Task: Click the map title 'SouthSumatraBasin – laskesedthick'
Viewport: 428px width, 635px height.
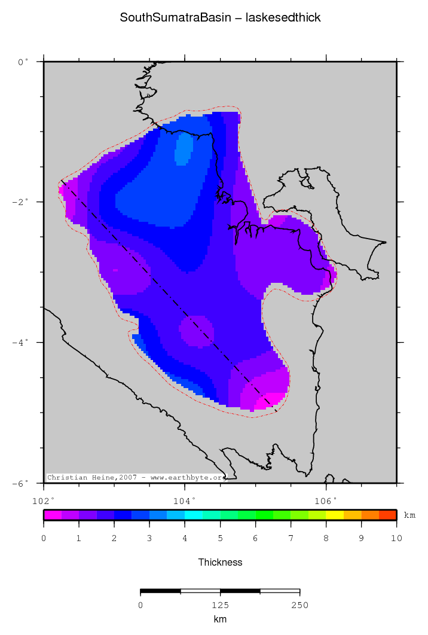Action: [220, 18]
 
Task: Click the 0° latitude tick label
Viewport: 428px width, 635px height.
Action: [23, 62]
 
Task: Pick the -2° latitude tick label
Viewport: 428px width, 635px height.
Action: [20, 202]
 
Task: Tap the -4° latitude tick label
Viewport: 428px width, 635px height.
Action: [20, 343]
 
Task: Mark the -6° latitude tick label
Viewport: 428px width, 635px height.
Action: [20, 483]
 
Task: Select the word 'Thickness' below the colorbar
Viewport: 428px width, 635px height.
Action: [220, 562]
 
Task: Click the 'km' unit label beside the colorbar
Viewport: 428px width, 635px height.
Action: [409, 515]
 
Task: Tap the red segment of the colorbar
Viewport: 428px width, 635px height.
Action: [388, 514]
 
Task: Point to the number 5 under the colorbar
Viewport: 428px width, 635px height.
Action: [220, 539]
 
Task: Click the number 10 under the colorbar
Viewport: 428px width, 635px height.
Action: [396, 539]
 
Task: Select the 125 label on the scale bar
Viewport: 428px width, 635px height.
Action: [220, 606]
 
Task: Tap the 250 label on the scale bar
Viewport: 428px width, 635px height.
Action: [299, 606]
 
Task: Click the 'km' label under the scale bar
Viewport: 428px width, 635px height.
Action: [220, 619]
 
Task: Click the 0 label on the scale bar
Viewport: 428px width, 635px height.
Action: [140, 606]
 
